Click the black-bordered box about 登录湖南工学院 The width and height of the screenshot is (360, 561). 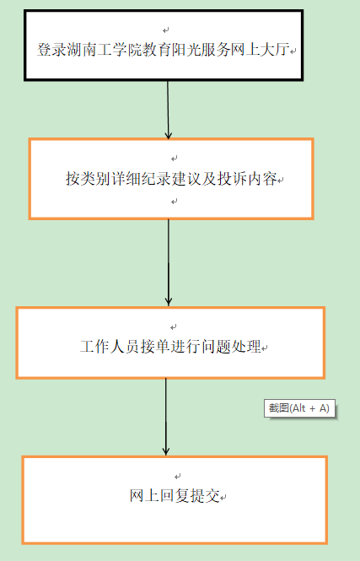point(164,46)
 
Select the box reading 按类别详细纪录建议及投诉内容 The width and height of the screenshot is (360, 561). point(171,179)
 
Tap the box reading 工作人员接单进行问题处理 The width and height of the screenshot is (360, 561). point(170,343)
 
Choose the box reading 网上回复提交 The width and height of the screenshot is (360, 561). point(175,500)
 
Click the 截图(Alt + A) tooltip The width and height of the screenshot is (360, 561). point(299,408)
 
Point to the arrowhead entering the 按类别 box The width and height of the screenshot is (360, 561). point(169,135)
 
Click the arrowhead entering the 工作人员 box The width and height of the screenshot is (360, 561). point(169,302)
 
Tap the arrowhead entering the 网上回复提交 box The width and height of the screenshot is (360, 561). point(166,450)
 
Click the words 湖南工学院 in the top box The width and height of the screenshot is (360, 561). point(104,50)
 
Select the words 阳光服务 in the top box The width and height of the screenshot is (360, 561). point(201,50)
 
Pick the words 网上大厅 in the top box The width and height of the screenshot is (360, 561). point(260,50)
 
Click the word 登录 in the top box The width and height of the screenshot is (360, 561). point(51,50)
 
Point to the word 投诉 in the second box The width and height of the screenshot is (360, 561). point(233,178)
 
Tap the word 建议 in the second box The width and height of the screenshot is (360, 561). point(186,178)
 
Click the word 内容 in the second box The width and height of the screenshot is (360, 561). point(262,178)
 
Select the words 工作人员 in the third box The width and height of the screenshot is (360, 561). point(110,347)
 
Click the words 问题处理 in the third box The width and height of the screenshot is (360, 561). point(231,347)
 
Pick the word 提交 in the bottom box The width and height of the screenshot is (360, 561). point(205,495)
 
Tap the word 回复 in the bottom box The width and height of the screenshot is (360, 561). point(175,495)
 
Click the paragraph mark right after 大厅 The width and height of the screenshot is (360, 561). point(293,51)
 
